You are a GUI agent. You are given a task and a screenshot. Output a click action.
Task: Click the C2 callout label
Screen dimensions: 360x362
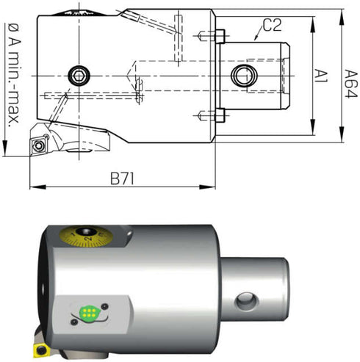coord(273,25)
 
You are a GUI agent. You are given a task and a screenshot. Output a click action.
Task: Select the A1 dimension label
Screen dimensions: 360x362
coord(320,76)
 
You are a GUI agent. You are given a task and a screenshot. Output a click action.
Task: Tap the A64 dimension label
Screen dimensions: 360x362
coord(351,84)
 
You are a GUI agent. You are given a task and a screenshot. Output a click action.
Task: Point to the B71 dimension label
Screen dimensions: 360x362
coord(122,179)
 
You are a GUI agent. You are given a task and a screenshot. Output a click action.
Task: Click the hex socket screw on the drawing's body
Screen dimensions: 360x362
coord(79,76)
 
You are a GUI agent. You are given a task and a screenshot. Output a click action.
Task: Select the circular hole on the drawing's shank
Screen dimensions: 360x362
coord(244,76)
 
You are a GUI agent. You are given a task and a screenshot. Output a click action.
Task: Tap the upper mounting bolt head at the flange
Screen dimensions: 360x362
coord(220,36)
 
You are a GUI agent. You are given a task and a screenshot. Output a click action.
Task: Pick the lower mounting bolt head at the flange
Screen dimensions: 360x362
coord(220,115)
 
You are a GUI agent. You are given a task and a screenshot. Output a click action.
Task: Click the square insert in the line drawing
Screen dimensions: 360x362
coord(38,145)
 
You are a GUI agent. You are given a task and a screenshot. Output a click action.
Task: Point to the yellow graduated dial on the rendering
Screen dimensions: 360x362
coord(86,236)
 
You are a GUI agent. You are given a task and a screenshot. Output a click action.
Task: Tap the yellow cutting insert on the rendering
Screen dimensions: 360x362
coord(41,351)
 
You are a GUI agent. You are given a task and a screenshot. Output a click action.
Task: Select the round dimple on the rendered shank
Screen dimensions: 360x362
coord(246,301)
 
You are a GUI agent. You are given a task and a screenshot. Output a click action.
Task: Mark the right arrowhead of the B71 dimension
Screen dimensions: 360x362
coord(207,187)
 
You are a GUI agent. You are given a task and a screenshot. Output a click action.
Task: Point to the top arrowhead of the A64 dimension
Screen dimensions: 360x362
coord(342,17)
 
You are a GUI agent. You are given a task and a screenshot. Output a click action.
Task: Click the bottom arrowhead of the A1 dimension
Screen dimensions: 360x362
coord(313,127)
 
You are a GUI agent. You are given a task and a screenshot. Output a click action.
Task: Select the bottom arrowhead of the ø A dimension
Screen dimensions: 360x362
coord(4,148)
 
